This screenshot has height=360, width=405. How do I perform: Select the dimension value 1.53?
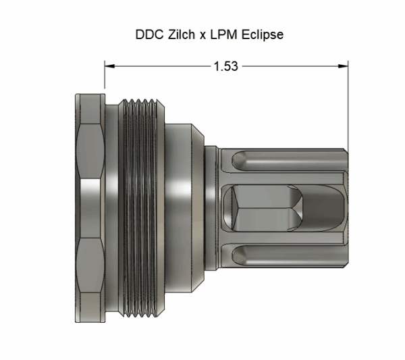[225, 66]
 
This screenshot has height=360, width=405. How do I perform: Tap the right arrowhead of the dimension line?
[342, 66]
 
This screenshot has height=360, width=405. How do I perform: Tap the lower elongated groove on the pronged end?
[283, 255]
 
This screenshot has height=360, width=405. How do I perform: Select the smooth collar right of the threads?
[181, 209]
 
